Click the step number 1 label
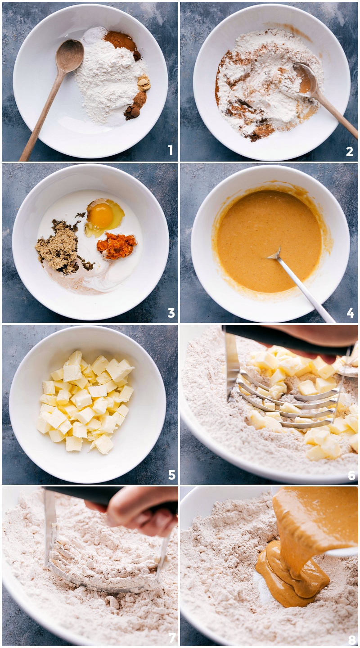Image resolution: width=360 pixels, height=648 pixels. (x=170, y=150)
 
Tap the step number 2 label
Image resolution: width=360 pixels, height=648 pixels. (x=350, y=152)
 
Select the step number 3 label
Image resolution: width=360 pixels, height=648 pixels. (x=171, y=313)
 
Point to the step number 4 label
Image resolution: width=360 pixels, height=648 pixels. (x=350, y=313)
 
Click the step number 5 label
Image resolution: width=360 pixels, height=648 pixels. (x=171, y=475)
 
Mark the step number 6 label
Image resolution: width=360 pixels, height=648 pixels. (x=351, y=475)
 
